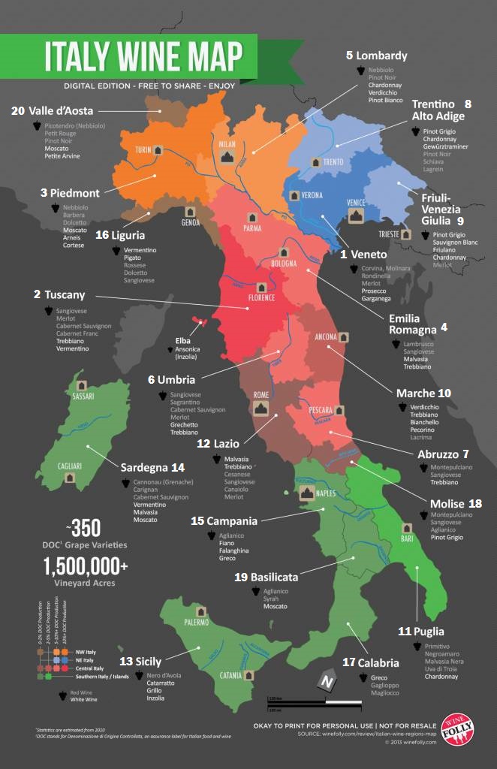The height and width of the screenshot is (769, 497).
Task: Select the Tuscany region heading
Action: [x=65, y=295]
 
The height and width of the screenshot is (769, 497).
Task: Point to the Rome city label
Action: [x=261, y=395]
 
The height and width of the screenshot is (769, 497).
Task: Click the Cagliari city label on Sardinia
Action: [x=70, y=466]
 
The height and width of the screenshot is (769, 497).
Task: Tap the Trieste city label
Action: [x=389, y=234]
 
